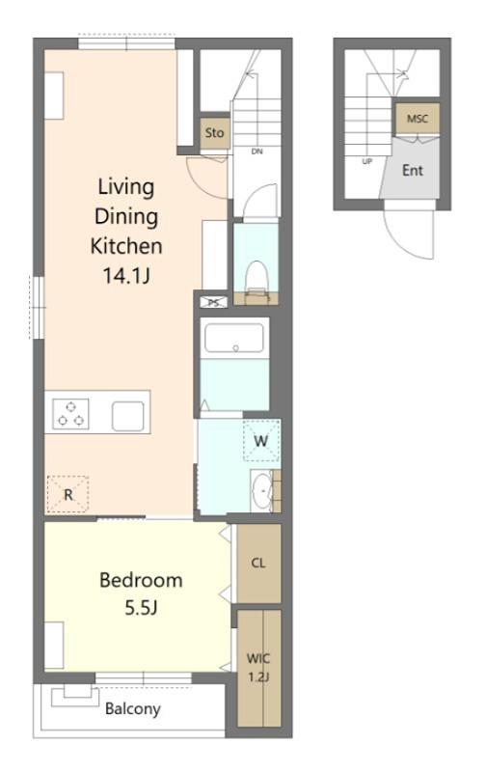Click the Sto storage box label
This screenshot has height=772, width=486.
pos(214,133)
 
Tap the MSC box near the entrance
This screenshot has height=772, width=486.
pos(418,119)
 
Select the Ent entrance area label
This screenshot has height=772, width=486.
pos(412,171)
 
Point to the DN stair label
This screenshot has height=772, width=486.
pos(256,152)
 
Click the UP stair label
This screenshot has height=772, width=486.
pos(367,161)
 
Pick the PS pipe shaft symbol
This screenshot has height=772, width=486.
pos(213,302)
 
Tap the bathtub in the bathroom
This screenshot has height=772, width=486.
pos(234,338)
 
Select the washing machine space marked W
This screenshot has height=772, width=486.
pos(261,440)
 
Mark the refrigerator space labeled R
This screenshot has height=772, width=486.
pos(67,494)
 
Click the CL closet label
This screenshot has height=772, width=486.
pos(258,563)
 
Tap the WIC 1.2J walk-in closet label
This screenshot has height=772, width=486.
pos(257,668)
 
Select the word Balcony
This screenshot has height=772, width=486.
pos(133,709)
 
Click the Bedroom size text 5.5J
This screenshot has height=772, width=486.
pos(141,608)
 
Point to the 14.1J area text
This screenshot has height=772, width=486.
pos(126,276)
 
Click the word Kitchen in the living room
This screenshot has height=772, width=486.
pos(126,246)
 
